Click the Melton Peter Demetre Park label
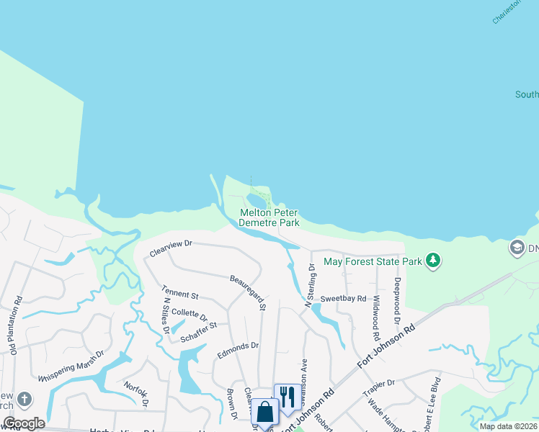pyautogui.click(x=269, y=218)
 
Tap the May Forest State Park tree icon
pyautogui.click(x=432, y=260)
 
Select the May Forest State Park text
pyautogui.click(x=373, y=261)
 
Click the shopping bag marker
pyautogui.click(x=264, y=413)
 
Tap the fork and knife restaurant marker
pyautogui.click(x=287, y=397)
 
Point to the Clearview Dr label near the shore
pyautogui.click(x=171, y=248)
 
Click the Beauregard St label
pyautogui.click(x=249, y=292)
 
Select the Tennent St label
pyautogui.click(x=180, y=295)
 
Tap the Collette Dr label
pyautogui.click(x=189, y=315)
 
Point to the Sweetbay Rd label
pyautogui.click(x=344, y=298)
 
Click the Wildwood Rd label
pyautogui.click(x=376, y=317)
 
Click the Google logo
pyautogui.click(x=24, y=423)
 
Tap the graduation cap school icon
pyautogui.click(x=517, y=248)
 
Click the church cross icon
pyautogui.click(x=24, y=400)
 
